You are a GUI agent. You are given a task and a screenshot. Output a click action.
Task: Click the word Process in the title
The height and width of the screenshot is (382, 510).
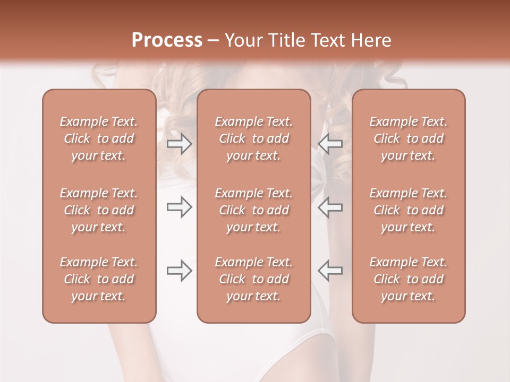pos(167,40)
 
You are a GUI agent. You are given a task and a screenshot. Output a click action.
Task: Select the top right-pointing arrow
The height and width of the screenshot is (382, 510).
pos(179,144)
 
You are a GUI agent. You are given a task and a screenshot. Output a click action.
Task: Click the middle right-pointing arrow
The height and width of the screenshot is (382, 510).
pos(179,207)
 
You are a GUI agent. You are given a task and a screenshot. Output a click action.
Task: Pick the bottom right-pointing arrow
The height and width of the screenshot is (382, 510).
pos(179,271)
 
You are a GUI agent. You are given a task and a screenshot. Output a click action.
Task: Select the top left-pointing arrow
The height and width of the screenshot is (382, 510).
pos(330,144)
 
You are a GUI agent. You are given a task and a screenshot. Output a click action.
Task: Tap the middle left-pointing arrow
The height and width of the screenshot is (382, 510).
pos(330,207)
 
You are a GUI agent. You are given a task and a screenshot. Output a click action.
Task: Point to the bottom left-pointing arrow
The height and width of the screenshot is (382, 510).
pos(330,271)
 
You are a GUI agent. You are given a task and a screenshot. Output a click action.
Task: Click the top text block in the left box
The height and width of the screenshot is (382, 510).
pos(99,138)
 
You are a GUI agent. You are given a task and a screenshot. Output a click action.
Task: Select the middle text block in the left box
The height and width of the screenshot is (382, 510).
pos(99,210)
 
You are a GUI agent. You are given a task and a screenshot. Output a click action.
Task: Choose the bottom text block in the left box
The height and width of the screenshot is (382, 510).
pos(99,279)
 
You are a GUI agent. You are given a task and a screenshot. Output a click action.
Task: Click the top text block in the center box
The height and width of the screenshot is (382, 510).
pos(253,138)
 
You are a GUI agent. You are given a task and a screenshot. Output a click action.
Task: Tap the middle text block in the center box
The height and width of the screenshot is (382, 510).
pos(253,210)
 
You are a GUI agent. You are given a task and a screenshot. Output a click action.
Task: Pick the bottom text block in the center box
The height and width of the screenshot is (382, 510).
pos(253,279)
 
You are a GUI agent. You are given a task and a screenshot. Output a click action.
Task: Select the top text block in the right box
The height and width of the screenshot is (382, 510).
pos(409,138)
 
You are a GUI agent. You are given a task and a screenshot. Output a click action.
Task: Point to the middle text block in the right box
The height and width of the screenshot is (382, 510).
pos(409,210)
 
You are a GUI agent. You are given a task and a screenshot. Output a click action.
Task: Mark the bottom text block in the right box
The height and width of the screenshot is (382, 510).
pos(409,279)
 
